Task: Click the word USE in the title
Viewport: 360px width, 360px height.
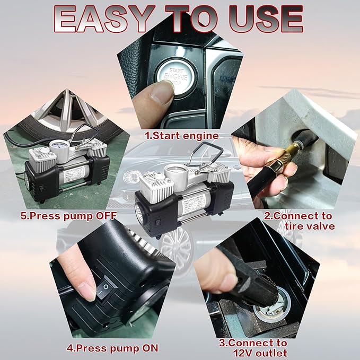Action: [x=266, y=19]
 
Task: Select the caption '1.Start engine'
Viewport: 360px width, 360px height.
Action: [x=181, y=135]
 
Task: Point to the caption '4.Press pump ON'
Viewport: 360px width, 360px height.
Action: [x=112, y=348]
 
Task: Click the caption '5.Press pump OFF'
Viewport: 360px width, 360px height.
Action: [x=68, y=216]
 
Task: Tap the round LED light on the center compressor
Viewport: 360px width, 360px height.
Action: [x=139, y=212]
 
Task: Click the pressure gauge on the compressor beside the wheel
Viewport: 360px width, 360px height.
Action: [x=59, y=146]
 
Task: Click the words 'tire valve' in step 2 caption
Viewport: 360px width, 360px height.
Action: [x=310, y=226]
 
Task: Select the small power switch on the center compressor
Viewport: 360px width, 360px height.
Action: [x=158, y=222]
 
